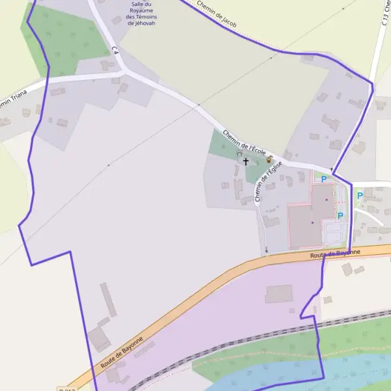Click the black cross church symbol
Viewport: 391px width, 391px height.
(246, 161)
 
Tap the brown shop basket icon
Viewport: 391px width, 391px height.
(269, 159)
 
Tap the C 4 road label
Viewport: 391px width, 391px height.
(115, 50)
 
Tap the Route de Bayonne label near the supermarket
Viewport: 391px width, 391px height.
(334, 253)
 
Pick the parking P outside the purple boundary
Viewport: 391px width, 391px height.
(359, 195)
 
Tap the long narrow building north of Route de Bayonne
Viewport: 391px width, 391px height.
(108, 299)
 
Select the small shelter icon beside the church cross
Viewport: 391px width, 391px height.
(239, 154)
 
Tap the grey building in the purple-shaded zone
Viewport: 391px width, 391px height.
(278, 294)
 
